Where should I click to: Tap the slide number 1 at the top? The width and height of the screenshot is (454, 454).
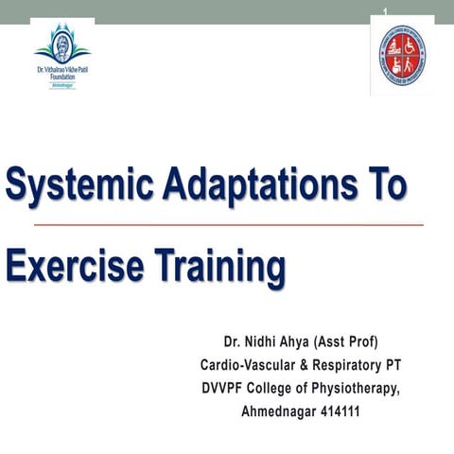386,10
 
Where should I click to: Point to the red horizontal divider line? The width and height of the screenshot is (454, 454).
227,225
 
